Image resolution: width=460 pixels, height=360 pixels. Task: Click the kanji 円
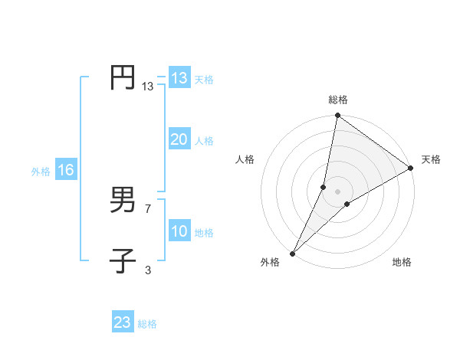123,78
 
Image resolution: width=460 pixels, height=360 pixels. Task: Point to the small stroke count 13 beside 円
147,87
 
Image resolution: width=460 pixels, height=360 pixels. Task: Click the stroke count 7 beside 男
148,208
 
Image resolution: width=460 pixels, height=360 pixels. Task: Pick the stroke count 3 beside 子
148,270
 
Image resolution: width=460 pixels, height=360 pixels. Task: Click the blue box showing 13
179,78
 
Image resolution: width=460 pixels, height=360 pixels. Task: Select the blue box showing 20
179,139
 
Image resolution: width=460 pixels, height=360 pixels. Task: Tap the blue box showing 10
179,231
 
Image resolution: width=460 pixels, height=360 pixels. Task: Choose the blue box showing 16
65,170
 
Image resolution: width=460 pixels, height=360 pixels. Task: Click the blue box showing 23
123,322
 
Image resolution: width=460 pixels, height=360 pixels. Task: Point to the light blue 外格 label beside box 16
41,172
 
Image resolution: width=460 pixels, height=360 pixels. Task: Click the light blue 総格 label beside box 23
148,324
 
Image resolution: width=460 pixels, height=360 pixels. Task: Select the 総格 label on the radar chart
338,100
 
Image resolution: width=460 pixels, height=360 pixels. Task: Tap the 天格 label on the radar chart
431,159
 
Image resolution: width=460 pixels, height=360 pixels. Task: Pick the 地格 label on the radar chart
402,262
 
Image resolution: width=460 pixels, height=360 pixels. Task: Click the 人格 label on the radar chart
245,159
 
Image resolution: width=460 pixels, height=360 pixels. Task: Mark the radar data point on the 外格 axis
292,254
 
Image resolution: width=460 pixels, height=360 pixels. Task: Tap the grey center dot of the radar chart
338,191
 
